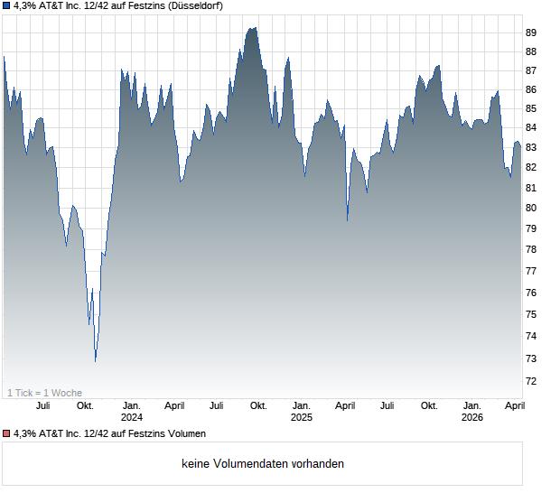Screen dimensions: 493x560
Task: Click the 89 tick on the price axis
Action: click(531, 33)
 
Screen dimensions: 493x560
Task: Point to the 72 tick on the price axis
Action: click(531, 381)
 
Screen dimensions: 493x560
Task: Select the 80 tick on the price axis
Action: click(531, 208)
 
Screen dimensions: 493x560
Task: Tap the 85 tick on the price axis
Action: click(531, 108)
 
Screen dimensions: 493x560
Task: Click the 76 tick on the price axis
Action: click(531, 293)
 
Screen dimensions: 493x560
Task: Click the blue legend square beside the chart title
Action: click(6, 6)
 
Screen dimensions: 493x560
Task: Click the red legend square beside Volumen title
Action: click(6, 434)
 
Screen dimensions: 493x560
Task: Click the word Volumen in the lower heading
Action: click(184, 434)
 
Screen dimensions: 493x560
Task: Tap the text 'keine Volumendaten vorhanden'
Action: click(263, 464)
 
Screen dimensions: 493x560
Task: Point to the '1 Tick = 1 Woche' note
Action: click(45, 393)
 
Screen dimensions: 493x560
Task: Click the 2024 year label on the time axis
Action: click(132, 417)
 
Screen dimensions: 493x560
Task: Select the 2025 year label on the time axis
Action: click(302, 417)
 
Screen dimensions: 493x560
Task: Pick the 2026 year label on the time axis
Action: click(472, 417)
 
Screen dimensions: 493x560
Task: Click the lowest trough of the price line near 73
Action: click(95, 361)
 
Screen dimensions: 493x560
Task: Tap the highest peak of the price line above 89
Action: click(254, 28)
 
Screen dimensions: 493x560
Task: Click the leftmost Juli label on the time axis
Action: click(42, 406)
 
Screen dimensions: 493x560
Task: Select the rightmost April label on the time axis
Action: click(515, 406)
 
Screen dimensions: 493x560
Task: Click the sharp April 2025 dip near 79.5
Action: click(348, 219)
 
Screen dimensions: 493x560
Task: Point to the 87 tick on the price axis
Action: click(531, 70)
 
